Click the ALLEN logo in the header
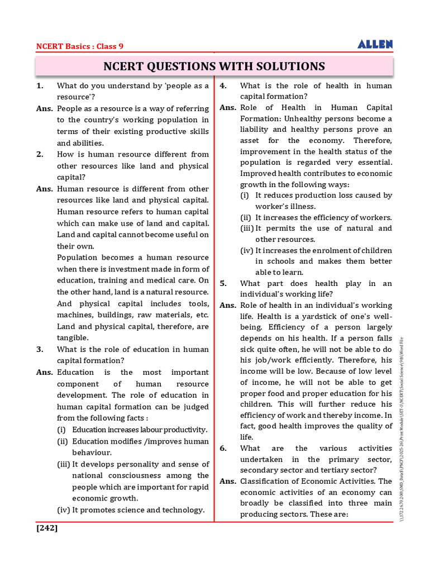(375, 44)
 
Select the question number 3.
(40, 349)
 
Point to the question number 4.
(222, 85)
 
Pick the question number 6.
(223, 448)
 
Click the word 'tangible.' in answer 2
(73, 338)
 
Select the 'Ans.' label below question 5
(228, 305)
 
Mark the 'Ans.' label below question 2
(45, 189)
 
